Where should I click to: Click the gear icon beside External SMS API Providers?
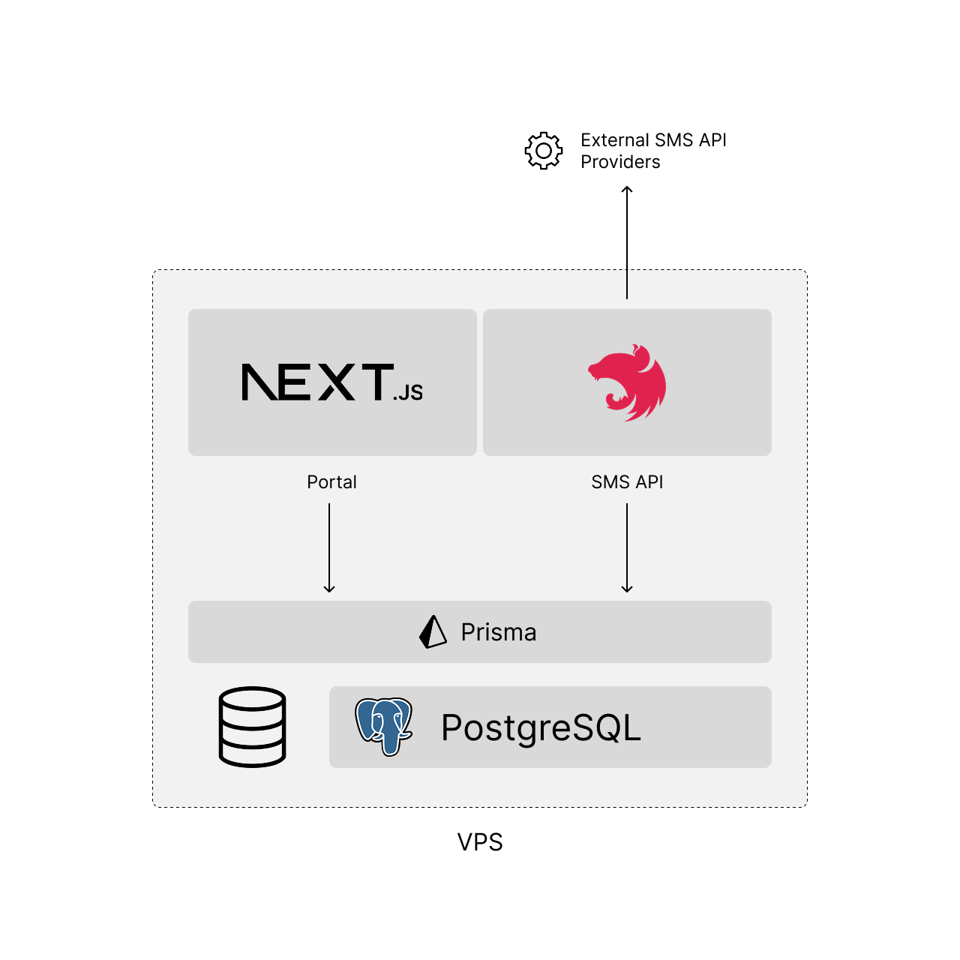tap(544, 151)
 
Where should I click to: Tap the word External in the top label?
tap(615, 140)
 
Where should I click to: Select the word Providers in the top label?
tap(620, 162)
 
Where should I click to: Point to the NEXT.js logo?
tap(332, 382)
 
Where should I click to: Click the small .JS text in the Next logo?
tap(409, 392)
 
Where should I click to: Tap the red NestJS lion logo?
tap(628, 382)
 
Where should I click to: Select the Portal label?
tap(331, 482)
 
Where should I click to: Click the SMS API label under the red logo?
tap(627, 482)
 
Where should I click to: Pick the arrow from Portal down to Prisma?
tap(329, 547)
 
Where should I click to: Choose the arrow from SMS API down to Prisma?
tap(627, 547)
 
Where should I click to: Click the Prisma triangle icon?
tap(433, 632)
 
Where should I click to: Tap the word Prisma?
tap(499, 632)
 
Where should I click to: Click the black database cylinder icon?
tap(253, 727)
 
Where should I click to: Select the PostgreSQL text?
tap(541, 727)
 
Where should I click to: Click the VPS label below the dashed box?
tap(480, 842)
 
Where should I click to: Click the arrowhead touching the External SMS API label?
tap(627, 190)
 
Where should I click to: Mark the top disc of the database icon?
tap(253, 699)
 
